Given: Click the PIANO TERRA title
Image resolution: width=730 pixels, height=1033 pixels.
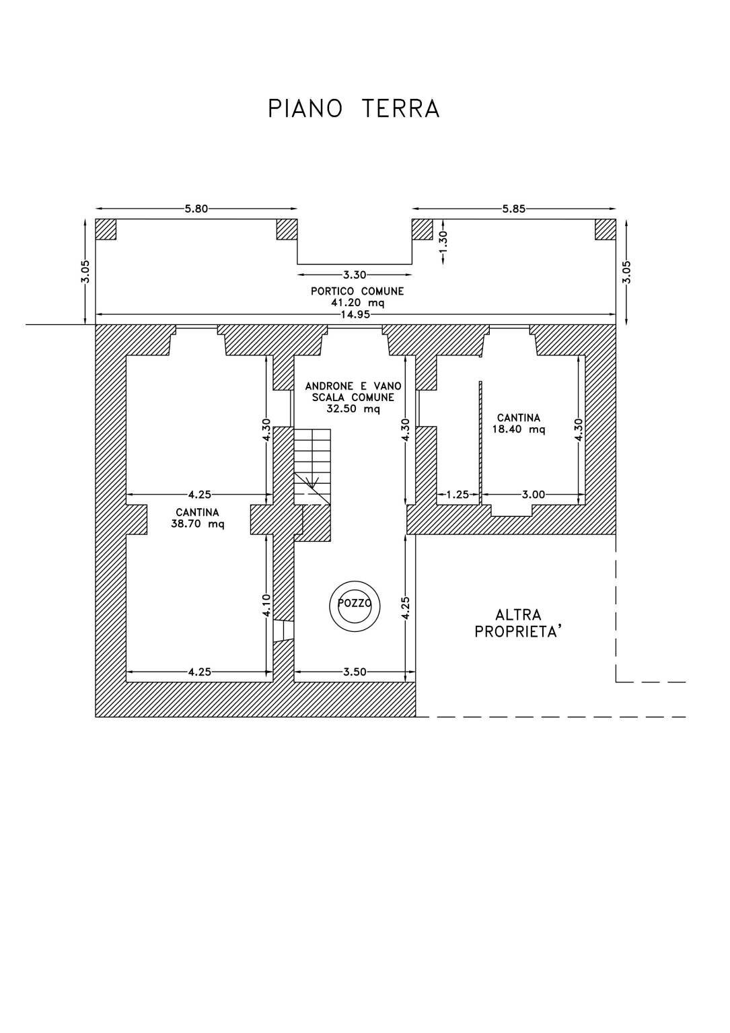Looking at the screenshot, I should (x=354, y=108).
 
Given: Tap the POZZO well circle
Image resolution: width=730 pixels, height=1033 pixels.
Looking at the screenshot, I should (x=355, y=604).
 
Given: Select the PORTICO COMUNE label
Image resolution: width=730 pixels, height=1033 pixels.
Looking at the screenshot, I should (x=357, y=291).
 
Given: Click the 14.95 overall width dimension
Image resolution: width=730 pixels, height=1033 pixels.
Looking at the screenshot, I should (x=356, y=314).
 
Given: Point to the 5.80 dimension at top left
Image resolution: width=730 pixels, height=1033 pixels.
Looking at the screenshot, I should (x=196, y=209).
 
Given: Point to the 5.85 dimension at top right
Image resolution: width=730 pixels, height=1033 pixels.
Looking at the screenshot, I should (x=514, y=209).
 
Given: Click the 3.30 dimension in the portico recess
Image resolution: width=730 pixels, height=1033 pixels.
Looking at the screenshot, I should (x=355, y=275).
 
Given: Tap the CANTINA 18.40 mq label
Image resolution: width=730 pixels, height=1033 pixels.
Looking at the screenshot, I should (x=518, y=423).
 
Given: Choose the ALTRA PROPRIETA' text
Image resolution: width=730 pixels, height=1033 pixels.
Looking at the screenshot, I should (x=518, y=623).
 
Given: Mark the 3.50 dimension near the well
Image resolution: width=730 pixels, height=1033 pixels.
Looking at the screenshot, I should (x=354, y=672).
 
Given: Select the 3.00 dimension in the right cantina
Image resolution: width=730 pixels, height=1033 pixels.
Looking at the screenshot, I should (x=533, y=495).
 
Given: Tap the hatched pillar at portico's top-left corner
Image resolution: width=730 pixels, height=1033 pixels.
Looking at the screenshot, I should (x=106, y=229).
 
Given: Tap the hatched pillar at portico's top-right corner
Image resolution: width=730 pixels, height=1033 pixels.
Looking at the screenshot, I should (x=605, y=229).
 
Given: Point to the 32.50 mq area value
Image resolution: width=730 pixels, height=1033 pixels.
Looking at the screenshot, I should (x=353, y=408).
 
